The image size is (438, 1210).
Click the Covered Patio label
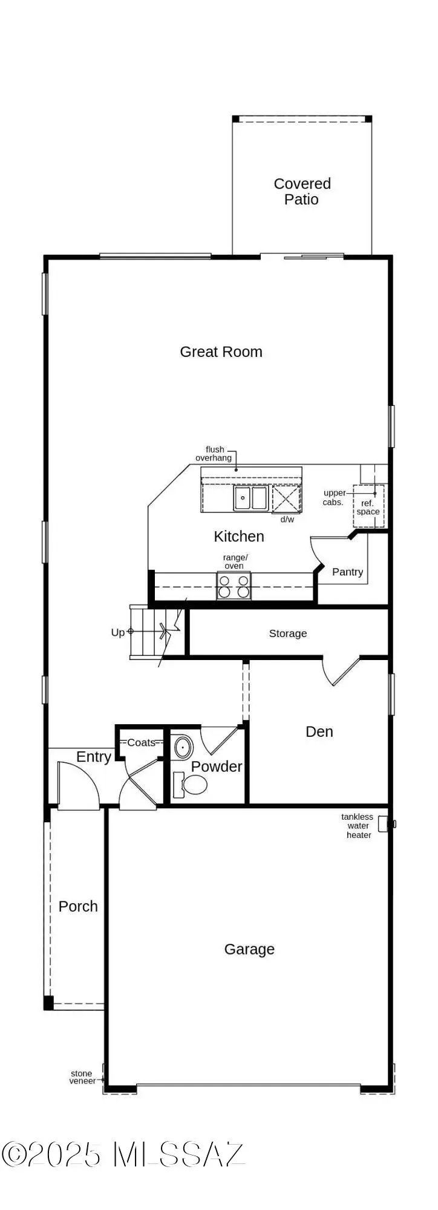pos(302,191)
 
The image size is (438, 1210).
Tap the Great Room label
pos(221,352)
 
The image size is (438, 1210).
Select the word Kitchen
pos(238,536)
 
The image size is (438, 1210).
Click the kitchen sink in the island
pos(250,498)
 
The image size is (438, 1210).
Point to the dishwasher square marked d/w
pos(286,499)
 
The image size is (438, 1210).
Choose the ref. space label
pos(368,507)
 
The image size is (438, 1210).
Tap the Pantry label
pos(347,572)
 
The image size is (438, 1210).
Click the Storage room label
pos(287,633)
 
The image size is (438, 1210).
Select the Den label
pos(319,731)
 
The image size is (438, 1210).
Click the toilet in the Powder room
pos(194,785)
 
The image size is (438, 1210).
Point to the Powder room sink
pos(182,748)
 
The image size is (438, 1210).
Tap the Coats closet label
pos(141,742)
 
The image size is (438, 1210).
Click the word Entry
pos(93,757)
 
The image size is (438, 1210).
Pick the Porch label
pos(78,906)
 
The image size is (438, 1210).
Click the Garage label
pos(249,949)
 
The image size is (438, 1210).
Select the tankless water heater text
pos(358,826)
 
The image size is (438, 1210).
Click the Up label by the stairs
pos(117,632)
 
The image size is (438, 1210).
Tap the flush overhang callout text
pos(214,454)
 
